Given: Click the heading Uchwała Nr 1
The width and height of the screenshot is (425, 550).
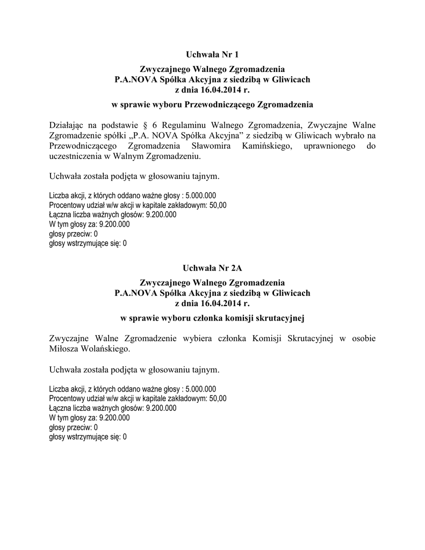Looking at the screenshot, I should [212, 54].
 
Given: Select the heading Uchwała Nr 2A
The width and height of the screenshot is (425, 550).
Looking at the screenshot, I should [212, 267].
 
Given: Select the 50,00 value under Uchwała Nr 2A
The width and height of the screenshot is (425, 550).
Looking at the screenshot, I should [218, 399].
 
